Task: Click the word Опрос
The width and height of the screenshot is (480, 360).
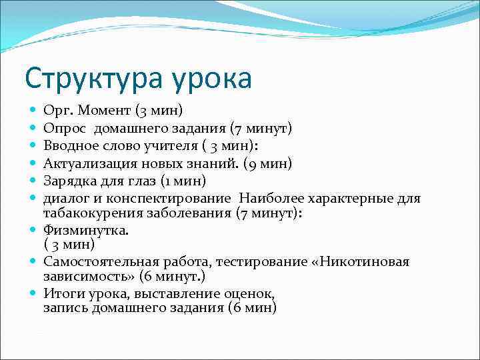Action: click(x=65, y=127)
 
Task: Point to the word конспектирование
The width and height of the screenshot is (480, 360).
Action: click(x=171, y=198)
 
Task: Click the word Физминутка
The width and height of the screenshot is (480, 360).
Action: click(x=86, y=230)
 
